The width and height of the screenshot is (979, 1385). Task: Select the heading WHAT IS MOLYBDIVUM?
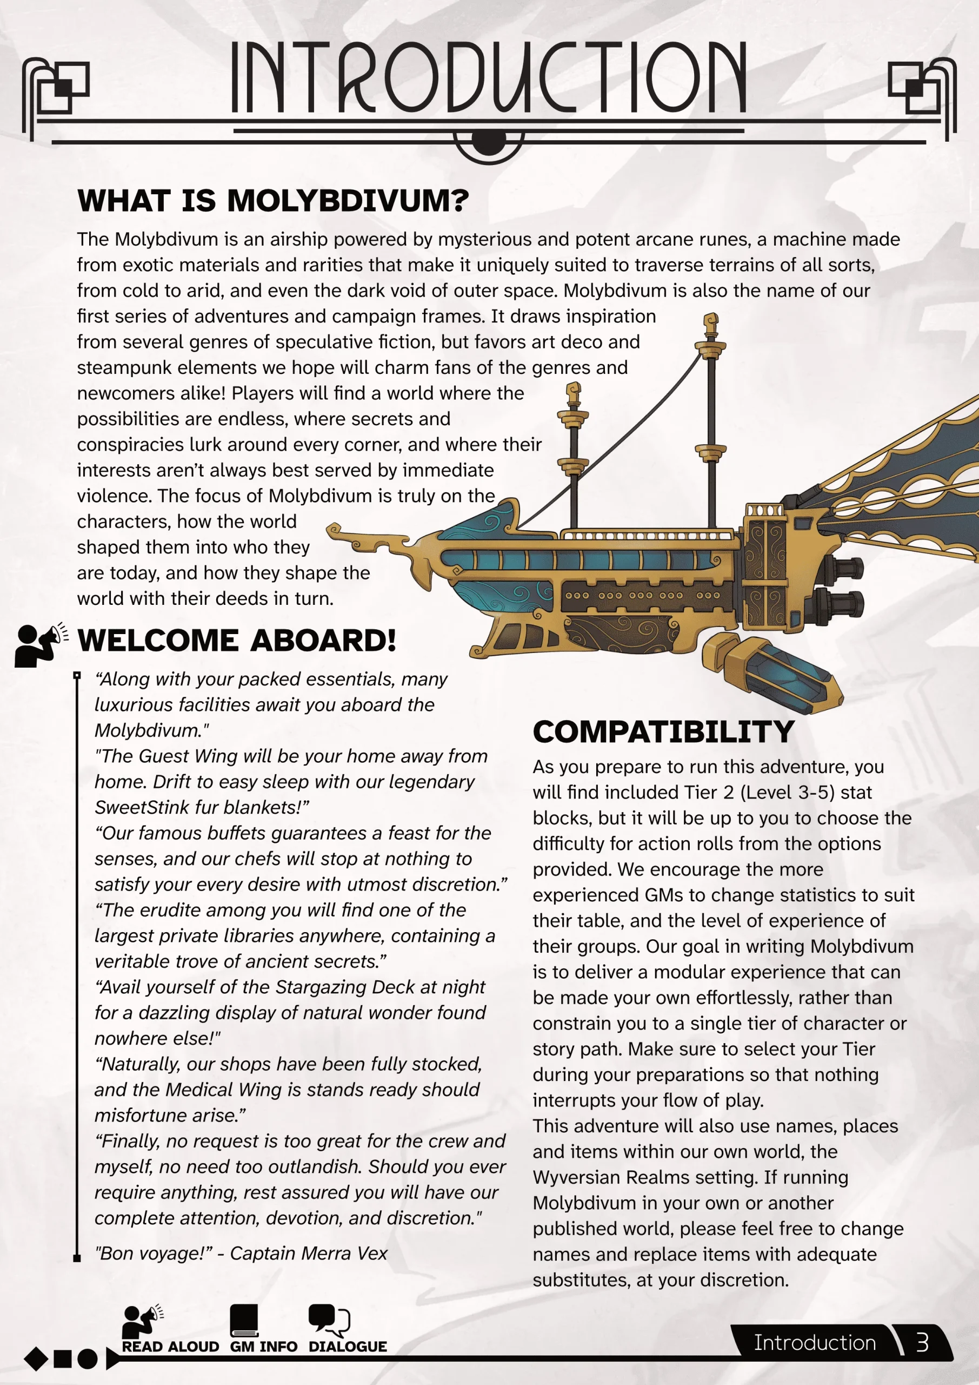coord(272,200)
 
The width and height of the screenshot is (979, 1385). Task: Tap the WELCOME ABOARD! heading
coord(237,640)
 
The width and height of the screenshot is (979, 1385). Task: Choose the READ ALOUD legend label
coord(170,1347)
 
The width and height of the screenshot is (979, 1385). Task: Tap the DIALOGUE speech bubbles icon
coord(329,1319)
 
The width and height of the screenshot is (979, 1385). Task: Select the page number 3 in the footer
coord(922,1343)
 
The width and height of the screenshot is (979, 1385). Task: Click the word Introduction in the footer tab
coord(815,1343)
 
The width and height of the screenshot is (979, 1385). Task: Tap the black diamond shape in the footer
coord(36,1358)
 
